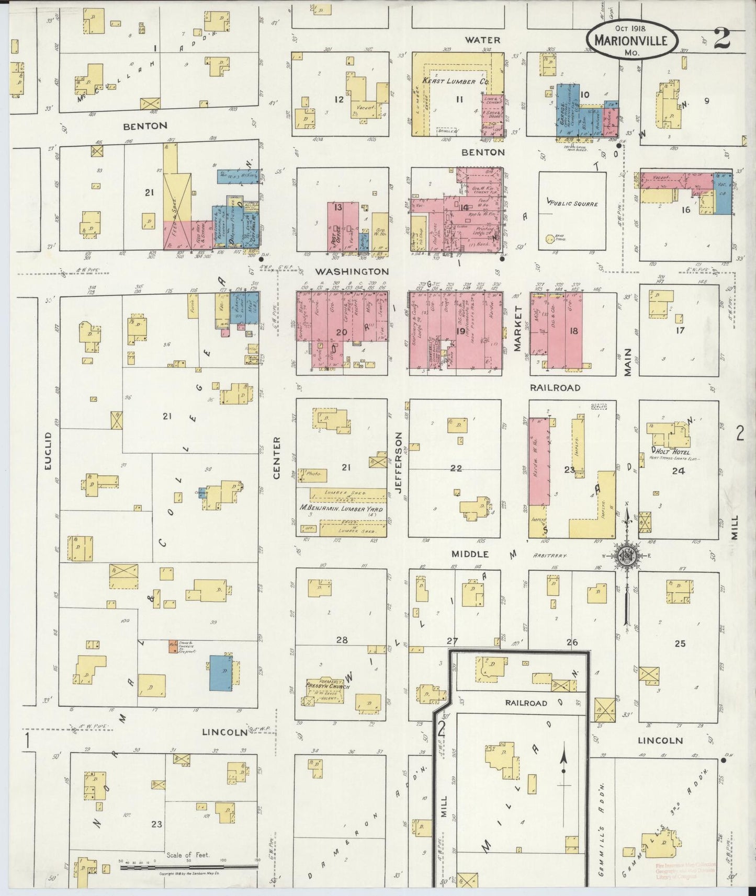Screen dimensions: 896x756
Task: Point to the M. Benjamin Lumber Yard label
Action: (341, 509)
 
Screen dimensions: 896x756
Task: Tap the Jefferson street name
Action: (399, 466)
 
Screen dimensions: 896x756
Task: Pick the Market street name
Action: (519, 329)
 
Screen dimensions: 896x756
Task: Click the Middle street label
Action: (471, 554)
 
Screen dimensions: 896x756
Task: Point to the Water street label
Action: (483, 40)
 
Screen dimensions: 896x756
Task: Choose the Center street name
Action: (278, 458)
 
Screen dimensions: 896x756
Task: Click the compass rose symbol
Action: (626, 556)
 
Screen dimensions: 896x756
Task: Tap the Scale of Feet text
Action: (188, 855)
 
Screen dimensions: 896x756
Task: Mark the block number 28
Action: (342, 640)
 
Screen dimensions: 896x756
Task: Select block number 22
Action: (456, 468)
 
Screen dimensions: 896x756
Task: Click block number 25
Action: (680, 644)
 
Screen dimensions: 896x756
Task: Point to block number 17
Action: (680, 330)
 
